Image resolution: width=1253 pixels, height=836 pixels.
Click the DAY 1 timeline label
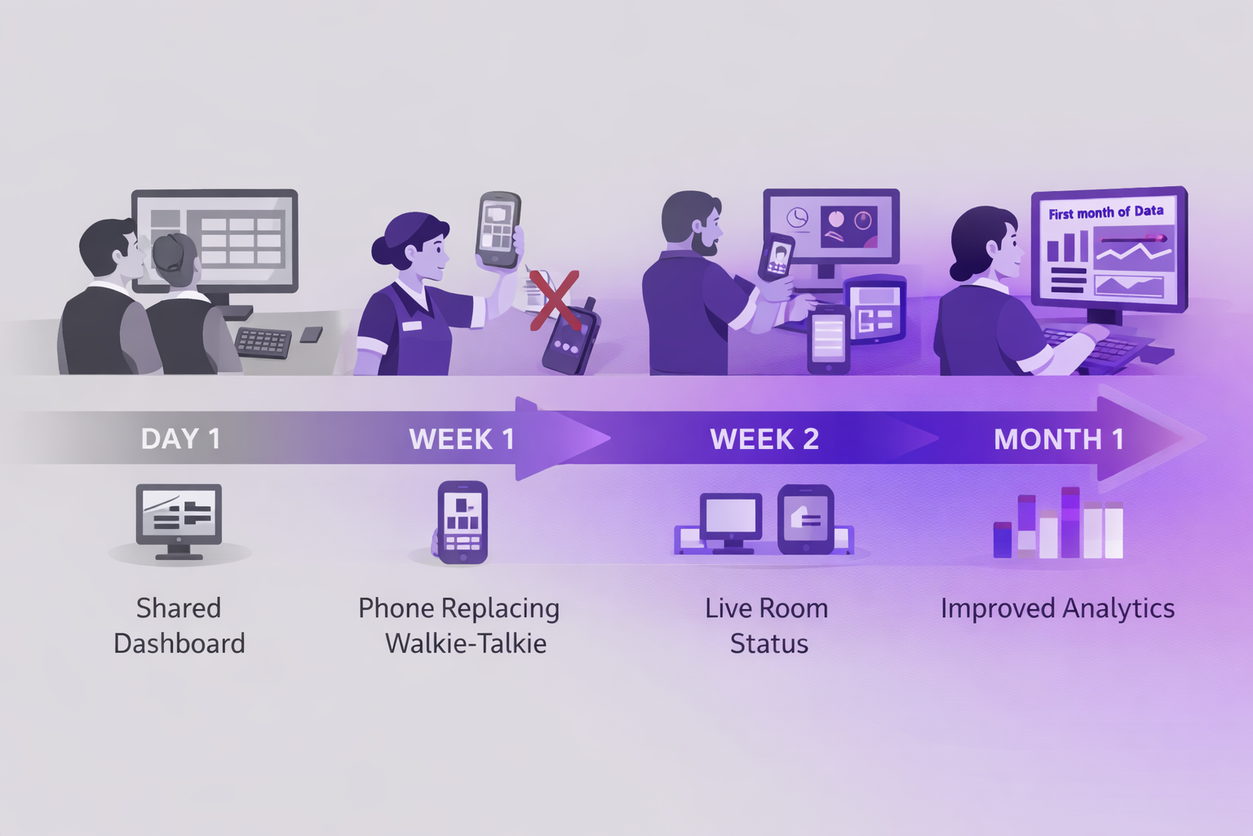coord(180,439)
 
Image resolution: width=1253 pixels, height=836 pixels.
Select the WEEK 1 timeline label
coord(462,439)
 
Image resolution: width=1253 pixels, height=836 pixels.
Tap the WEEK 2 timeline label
coord(764,439)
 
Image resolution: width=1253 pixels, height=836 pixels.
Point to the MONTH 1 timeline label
coord(1059,439)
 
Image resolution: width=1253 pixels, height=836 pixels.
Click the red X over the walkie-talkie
coord(555,300)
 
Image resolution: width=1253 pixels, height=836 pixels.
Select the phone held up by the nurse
coord(498,230)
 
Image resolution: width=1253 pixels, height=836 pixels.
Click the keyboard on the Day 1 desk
coord(263,342)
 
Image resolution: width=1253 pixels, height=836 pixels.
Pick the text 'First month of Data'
coord(1105,212)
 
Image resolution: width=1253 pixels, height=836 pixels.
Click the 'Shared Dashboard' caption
coord(179,625)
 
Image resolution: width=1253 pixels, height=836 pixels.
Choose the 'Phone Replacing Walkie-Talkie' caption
coord(460,625)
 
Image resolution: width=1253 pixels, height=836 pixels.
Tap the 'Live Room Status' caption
coord(768,625)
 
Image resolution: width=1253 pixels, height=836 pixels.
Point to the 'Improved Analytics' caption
coord(1057,608)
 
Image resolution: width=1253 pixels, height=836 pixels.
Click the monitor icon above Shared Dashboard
coord(179,519)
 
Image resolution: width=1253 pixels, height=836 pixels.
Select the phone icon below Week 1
coord(463,522)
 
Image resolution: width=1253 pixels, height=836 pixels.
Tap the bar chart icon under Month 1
coord(1058,524)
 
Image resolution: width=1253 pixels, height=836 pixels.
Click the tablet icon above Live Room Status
coord(806,519)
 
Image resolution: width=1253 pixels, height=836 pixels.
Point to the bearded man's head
coord(693,222)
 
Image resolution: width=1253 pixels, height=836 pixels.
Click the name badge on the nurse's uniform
coord(412,326)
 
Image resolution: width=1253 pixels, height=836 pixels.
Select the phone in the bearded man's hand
coord(777,256)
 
